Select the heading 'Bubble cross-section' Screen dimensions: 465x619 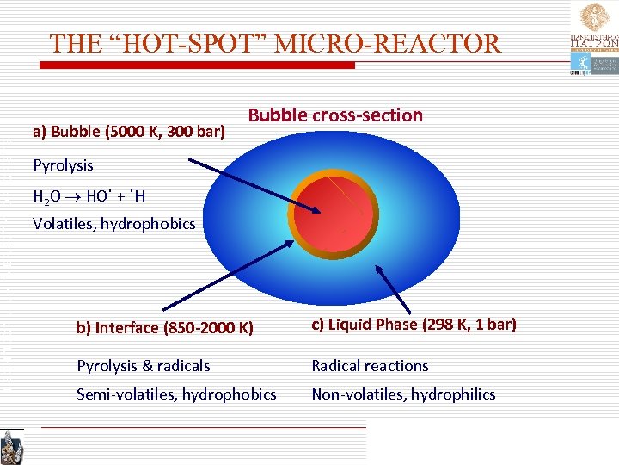click(335, 115)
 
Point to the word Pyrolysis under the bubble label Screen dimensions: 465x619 click(63, 164)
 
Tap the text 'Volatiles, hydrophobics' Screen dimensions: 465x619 click(114, 224)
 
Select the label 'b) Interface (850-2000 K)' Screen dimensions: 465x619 click(165, 327)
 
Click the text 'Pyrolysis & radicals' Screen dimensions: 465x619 click(144, 366)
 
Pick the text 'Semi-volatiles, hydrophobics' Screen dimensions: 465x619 click(176, 394)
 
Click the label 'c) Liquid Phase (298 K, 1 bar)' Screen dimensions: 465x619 click(414, 325)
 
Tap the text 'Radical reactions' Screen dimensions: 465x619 click(370, 366)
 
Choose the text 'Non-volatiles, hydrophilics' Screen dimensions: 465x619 click(403, 394)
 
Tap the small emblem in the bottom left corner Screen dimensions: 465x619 click(12, 447)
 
